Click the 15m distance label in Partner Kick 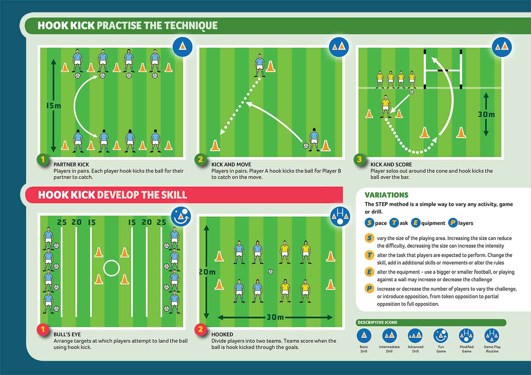[54, 106]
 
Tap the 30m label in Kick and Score [486, 115]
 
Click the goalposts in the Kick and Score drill [443, 69]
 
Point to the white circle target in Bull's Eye [111, 268]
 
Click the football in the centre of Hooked [271, 272]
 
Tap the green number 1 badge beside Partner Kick [43, 160]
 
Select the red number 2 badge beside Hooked [200, 330]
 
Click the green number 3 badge [359, 160]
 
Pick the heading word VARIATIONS [387, 195]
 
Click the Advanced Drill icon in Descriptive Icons [415, 335]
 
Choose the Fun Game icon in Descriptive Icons [441, 335]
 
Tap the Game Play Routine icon [492, 335]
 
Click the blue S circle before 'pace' [369, 223]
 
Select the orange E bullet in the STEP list [369, 272]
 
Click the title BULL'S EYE [67, 334]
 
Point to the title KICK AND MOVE [231, 164]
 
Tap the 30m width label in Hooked [275, 317]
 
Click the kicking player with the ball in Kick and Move [314, 139]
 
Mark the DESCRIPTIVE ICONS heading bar [431, 323]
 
